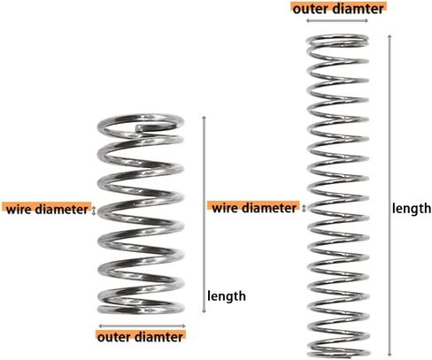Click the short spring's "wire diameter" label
(47, 210)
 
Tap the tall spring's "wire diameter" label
(254, 208)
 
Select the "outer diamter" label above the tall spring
(338, 9)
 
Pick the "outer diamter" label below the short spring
(140, 337)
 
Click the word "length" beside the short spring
(227, 296)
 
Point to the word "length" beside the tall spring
(412, 209)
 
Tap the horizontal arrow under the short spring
(142, 326)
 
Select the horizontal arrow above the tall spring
(337, 20)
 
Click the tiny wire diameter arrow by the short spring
(94, 211)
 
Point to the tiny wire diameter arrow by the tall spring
(305, 208)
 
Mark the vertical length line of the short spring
(204, 215)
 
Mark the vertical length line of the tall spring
(390, 195)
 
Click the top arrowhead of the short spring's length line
(204, 118)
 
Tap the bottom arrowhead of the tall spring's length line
(390, 356)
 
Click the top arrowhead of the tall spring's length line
(390, 36)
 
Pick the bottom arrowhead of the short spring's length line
(204, 312)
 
